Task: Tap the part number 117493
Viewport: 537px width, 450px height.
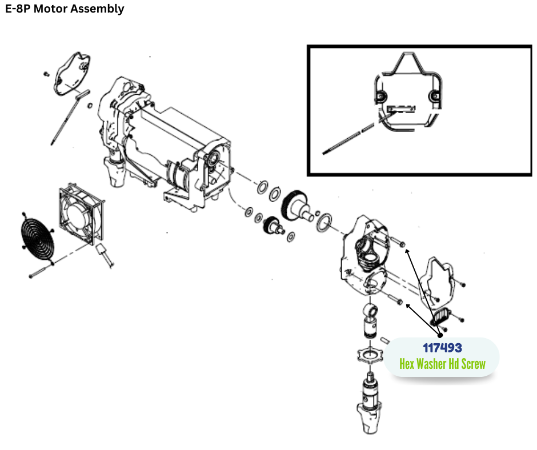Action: [x=442, y=347]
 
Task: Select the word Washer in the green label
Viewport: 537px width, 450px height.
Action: [x=435, y=364]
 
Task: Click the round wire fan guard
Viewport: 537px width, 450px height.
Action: [x=36, y=241]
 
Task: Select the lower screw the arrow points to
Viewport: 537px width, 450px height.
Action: [x=394, y=300]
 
